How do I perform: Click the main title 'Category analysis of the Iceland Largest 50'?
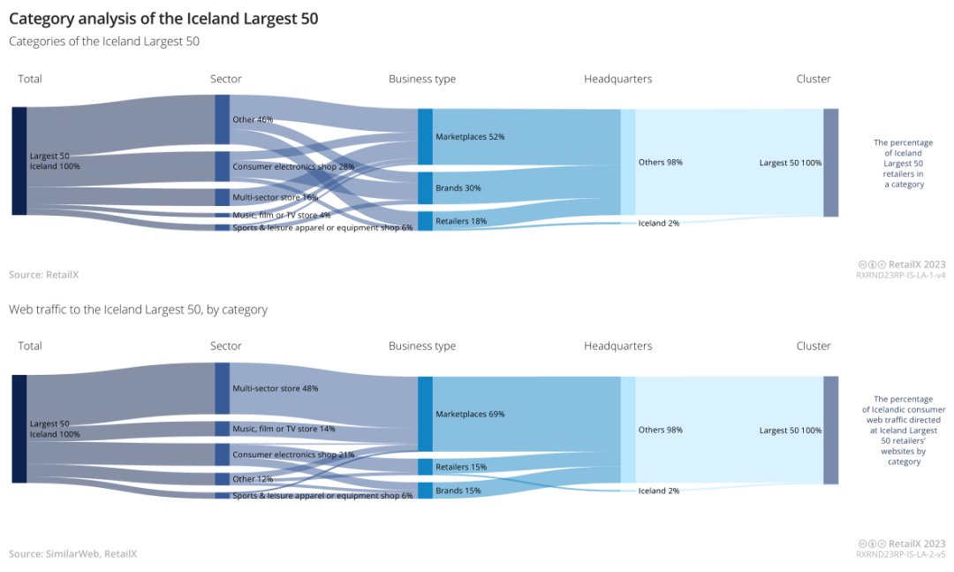coord(163,18)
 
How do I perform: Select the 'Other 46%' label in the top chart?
coord(253,119)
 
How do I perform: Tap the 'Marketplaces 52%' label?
coord(470,137)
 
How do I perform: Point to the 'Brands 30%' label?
coord(458,187)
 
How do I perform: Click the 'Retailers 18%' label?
coord(461,221)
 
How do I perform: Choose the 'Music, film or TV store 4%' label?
coord(281,215)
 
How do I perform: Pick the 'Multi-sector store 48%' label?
coord(275,388)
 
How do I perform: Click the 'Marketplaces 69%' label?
coord(470,414)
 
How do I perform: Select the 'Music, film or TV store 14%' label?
coord(284,429)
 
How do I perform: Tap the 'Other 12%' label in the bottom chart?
coord(253,479)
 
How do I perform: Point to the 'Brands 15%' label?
coord(458,491)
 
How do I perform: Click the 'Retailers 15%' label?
coord(461,467)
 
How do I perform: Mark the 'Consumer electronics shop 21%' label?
coord(293,454)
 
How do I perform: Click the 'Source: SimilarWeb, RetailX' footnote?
coord(73,553)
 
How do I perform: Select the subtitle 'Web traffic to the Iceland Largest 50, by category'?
coord(138,309)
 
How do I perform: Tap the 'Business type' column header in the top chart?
coord(422,79)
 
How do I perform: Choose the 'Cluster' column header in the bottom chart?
coord(813,346)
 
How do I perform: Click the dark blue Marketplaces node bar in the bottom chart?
coord(425,414)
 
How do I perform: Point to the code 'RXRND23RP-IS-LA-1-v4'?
coord(900,275)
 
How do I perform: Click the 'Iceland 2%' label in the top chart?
coord(659,223)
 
